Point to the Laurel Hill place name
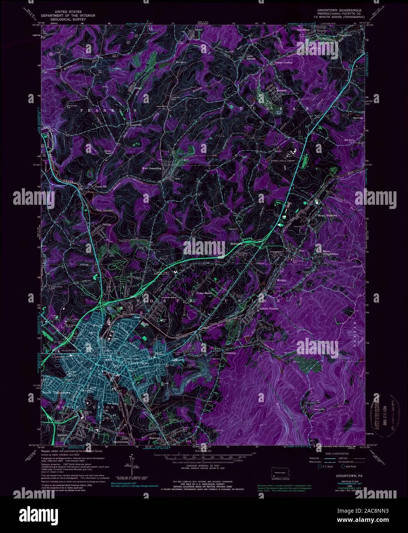click(x=136, y=125)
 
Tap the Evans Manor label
click(x=204, y=293)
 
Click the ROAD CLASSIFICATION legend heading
click(x=337, y=454)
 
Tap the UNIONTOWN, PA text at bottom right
click(x=343, y=475)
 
